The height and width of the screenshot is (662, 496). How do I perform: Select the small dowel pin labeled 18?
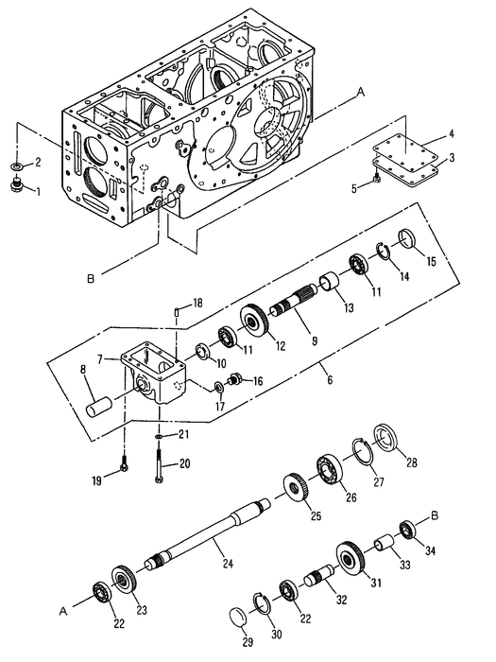point(177,312)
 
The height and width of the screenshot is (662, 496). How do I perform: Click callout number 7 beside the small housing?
point(111,359)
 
